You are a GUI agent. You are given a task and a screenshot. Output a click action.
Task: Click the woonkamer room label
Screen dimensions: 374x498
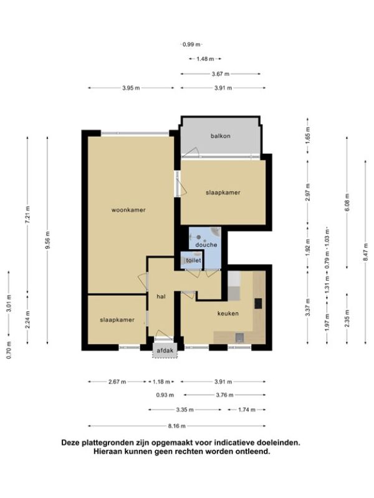click(x=128, y=210)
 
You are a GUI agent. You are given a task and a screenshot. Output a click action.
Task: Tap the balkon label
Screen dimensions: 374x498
click(x=221, y=136)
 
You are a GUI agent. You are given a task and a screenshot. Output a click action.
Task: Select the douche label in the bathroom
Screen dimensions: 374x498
click(x=206, y=245)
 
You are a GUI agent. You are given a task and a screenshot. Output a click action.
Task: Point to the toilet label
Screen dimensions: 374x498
click(x=193, y=260)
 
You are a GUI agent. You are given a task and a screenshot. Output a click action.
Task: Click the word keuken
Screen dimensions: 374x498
click(x=228, y=314)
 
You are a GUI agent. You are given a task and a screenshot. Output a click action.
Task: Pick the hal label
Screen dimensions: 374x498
click(x=161, y=297)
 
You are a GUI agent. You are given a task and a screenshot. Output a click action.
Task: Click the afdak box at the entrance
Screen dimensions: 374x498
click(x=165, y=350)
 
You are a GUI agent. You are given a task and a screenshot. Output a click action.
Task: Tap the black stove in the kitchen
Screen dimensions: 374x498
click(x=258, y=303)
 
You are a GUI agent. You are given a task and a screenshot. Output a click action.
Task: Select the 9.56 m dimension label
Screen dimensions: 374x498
click(x=48, y=240)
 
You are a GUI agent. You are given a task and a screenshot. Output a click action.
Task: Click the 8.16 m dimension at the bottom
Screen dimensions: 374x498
click(x=177, y=426)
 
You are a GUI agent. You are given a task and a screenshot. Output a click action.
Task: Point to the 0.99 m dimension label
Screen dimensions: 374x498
click(x=191, y=44)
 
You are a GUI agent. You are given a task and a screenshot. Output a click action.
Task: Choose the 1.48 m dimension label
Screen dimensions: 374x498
click(x=205, y=59)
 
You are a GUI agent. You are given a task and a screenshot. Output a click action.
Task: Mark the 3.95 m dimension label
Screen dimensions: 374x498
click(x=131, y=88)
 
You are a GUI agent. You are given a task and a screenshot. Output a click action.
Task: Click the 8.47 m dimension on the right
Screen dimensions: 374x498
click(x=366, y=252)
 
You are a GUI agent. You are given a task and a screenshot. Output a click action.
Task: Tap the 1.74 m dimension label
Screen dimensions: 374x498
click(x=247, y=410)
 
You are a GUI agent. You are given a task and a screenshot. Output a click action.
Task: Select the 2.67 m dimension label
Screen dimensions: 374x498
click(x=117, y=382)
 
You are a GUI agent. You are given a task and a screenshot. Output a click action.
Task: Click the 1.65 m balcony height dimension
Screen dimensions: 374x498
click(x=307, y=135)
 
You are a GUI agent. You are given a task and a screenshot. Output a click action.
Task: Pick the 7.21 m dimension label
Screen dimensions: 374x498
click(x=27, y=214)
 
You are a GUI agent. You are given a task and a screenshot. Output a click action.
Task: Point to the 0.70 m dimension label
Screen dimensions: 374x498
click(x=9, y=350)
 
